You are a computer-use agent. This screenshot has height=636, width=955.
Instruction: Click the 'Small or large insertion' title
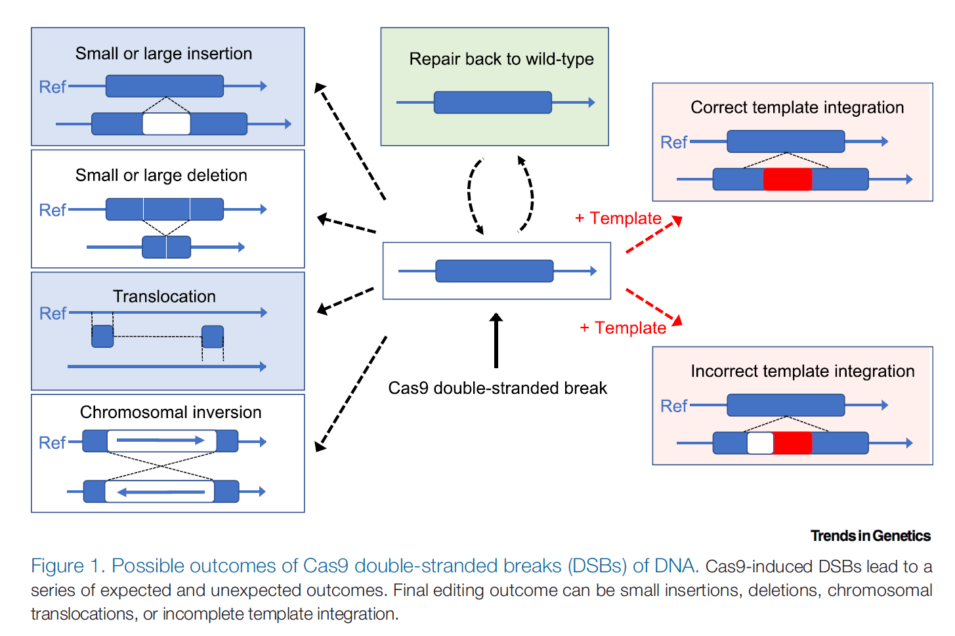[163, 54]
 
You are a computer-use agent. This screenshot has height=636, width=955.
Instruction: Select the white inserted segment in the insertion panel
[166, 124]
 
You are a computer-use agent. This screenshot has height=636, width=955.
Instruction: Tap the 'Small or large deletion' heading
[161, 175]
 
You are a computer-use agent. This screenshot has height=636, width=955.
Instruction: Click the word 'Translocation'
[164, 297]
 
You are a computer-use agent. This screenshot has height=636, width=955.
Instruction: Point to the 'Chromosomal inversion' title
[171, 412]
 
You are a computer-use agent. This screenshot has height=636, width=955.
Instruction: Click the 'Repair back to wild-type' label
[501, 59]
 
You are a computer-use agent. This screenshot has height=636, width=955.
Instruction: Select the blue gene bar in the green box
[493, 102]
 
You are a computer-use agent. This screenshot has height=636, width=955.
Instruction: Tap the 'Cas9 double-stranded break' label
[498, 388]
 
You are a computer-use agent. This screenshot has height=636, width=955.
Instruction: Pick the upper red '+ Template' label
[618, 219]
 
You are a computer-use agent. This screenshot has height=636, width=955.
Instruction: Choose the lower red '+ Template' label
[623, 328]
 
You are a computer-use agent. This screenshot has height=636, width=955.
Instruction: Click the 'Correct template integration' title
[797, 108]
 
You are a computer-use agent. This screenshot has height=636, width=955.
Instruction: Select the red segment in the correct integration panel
[788, 179]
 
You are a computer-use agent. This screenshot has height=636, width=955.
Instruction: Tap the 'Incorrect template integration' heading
[802, 371]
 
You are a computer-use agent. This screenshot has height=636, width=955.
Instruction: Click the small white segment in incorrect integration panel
[760, 443]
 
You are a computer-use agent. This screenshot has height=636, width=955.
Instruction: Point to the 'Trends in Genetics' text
[870, 536]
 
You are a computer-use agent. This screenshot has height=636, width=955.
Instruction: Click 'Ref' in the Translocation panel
[53, 314]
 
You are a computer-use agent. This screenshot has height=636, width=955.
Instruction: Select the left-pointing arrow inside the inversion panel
[160, 492]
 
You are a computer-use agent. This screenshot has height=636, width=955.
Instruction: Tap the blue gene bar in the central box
[494, 271]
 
